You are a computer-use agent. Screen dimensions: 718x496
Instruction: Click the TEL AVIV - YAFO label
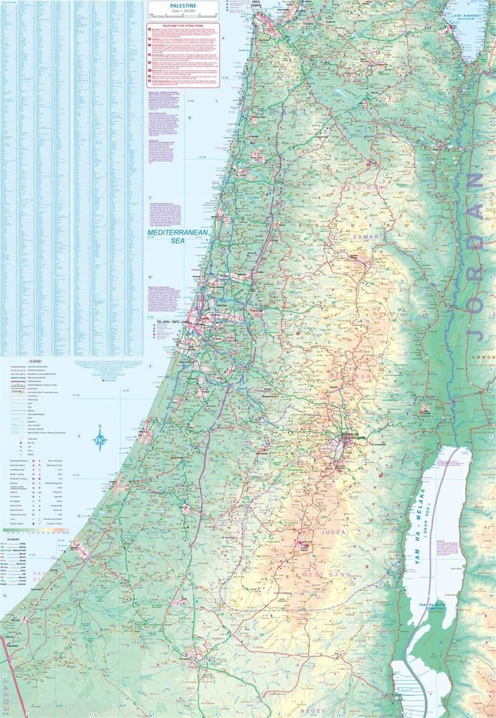(172, 322)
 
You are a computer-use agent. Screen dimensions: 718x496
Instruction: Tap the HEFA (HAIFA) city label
(256, 5)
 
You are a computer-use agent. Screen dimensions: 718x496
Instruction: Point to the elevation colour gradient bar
(36, 530)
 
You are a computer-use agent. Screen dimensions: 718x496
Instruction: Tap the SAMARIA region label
(370, 237)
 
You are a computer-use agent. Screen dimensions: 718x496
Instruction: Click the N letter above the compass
(100, 427)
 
